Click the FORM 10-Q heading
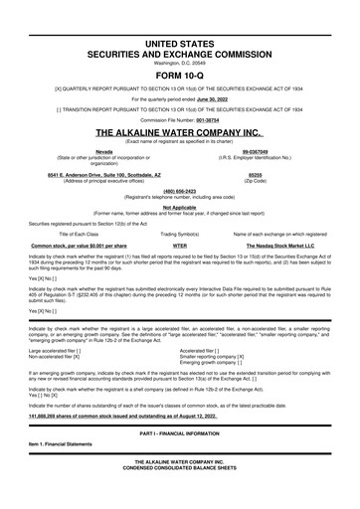tap(180, 74)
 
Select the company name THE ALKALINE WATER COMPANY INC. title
tap(180, 131)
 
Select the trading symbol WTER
tap(181, 243)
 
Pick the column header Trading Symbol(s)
tap(181, 233)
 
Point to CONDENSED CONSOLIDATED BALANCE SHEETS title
tap(180, 497)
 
